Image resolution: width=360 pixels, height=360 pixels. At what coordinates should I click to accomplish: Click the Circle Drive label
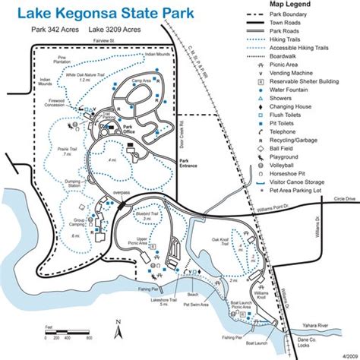point(343,198)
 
